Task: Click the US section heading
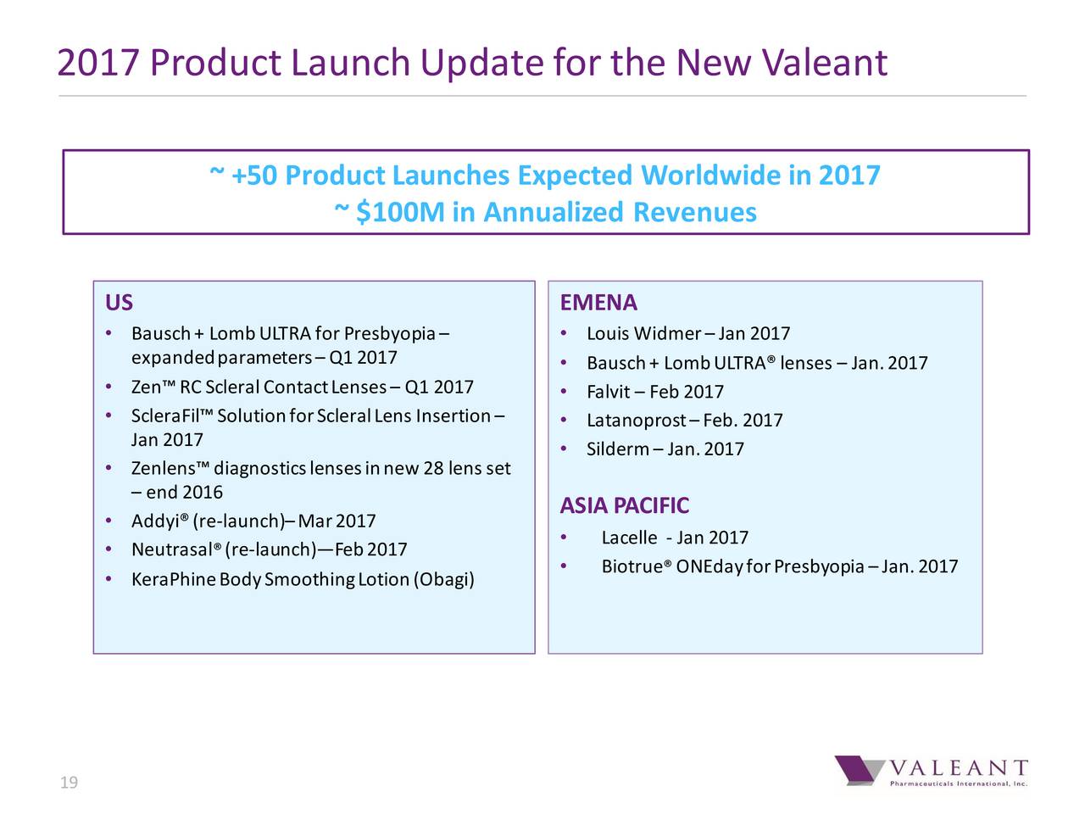[x=119, y=304]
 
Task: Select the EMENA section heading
[x=598, y=304]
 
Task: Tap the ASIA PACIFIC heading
[x=625, y=506]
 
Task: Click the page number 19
[x=69, y=783]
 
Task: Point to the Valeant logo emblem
[x=858, y=770]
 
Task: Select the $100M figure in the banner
[x=400, y=212]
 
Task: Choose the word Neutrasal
[x=171, y=550]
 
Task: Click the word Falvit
[x=608, y=392]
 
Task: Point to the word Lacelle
[x=629, y=538]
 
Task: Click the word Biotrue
[x=632, y=566]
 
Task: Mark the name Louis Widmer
[x=643, y=333]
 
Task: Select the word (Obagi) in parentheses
[x=443, y=580]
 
